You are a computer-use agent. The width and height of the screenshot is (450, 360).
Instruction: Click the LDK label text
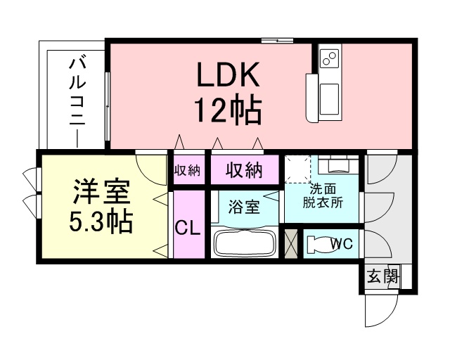coord(228,74)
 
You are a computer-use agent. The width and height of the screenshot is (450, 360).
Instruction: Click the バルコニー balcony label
coord(77,103)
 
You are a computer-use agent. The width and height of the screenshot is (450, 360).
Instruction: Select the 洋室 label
coord(101,192)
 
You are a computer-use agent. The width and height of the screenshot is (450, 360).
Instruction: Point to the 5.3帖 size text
coord(101,221)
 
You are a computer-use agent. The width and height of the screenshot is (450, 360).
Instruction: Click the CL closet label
coord(188,229)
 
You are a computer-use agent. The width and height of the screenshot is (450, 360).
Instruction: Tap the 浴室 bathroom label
coord(244,207)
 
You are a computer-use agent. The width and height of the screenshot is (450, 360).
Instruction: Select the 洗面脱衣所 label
coord(323,196)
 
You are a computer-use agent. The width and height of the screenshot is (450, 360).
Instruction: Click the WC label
coord(341,244)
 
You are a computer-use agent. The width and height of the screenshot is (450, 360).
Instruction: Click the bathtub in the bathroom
coord(243,243)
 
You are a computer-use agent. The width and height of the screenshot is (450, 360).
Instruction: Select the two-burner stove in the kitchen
coord(329,58)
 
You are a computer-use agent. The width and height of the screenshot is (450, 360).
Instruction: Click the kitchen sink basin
coord(329,98)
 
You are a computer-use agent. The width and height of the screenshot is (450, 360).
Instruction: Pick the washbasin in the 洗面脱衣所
coord(339,164)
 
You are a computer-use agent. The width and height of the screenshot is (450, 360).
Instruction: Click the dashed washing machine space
coord(297,169)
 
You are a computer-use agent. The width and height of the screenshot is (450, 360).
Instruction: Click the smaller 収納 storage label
coord(188,171)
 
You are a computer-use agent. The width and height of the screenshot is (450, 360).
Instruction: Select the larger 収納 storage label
coord(244,170)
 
